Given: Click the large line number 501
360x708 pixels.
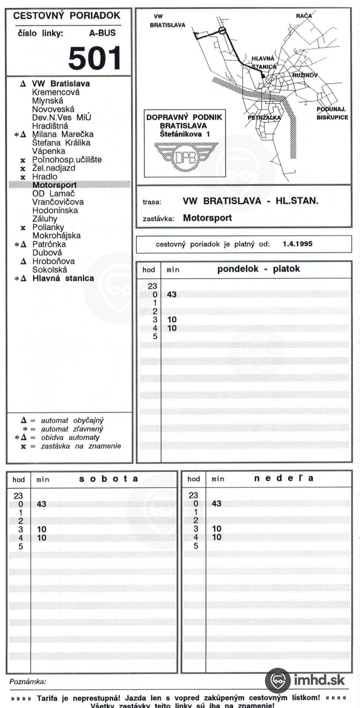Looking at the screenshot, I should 95,58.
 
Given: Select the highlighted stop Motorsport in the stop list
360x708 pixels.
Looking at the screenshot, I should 55,185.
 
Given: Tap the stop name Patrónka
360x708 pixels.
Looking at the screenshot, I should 49,244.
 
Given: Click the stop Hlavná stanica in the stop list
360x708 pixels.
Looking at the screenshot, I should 63,278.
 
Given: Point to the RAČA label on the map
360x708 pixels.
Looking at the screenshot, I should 304,16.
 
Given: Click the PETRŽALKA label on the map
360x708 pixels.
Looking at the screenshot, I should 264,118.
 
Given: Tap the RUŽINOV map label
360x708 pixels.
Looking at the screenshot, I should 305,75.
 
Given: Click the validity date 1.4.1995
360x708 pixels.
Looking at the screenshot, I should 297,244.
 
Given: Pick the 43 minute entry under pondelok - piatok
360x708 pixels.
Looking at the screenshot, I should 172,294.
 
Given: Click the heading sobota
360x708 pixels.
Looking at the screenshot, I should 108,479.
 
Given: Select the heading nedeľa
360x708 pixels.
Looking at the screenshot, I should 284,478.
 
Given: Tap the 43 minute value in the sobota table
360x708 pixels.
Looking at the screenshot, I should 41,504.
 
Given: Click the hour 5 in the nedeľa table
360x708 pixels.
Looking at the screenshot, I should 196,545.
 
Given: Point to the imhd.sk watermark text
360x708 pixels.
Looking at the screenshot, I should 319,679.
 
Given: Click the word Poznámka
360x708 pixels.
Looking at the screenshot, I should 28,682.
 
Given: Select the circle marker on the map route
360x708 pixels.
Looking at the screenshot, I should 222,31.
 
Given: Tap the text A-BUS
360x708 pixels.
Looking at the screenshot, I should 102,33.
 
